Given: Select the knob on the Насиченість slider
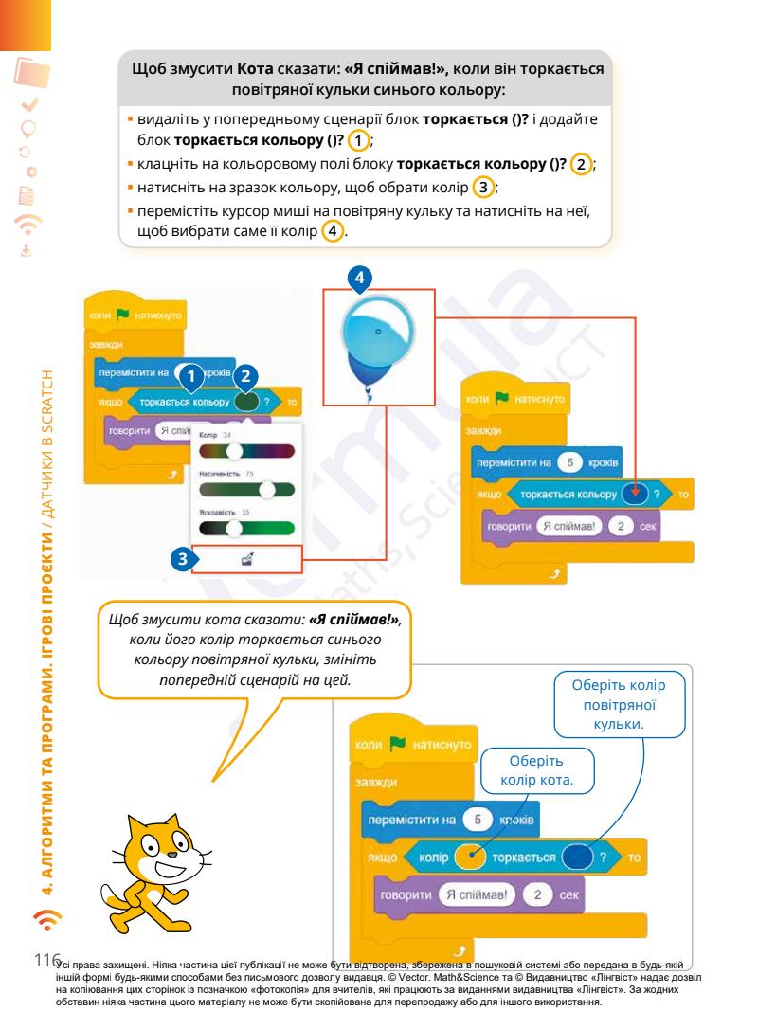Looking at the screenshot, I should [x=268, y=490].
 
